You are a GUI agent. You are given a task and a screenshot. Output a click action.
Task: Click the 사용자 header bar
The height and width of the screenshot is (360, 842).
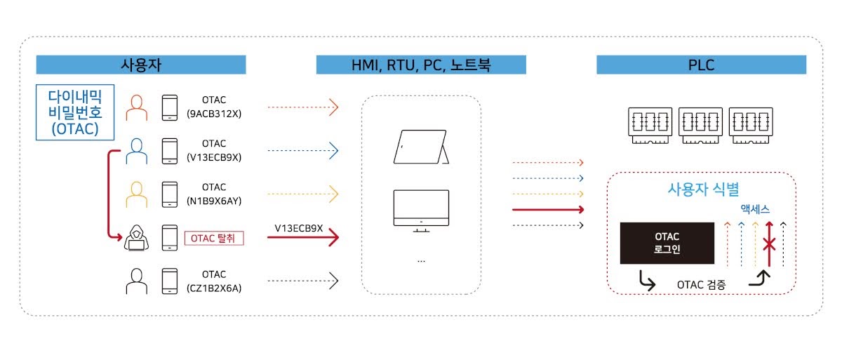tap(141, 65)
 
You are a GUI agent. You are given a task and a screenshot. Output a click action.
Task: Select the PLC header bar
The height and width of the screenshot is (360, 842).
tap(701, 65)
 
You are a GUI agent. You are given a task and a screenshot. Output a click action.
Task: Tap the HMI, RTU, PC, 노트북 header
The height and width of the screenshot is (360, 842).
tap(421, 65)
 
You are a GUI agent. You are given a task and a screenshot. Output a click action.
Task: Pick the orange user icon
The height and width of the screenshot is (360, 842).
tap(136, 108)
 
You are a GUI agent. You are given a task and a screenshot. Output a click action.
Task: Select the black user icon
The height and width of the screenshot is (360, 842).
tap(136, 281)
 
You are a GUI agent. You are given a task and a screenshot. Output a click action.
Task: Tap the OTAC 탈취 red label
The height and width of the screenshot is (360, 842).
tap(214, 239)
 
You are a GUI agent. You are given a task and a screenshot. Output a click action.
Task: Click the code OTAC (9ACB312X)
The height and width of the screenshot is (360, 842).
tap(214, 107)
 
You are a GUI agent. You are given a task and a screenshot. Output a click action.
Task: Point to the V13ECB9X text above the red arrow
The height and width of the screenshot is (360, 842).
tap(299, 228)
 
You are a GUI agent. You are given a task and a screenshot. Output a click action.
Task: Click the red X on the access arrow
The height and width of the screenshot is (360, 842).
tap(770, 244)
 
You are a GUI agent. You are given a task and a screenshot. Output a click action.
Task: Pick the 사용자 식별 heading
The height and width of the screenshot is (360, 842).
tap(702, 189)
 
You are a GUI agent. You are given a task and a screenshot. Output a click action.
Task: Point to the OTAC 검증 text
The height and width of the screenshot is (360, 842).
tap(702, 285)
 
